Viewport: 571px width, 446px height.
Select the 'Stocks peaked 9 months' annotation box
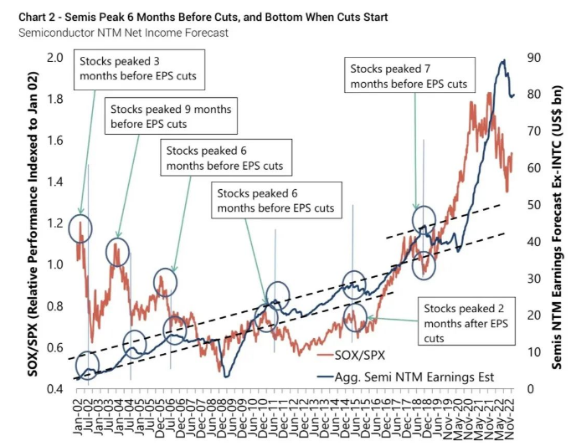[x=170, y=118]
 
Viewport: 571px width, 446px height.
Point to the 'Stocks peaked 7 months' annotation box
[x=408, y=77]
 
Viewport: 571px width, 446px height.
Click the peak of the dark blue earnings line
[x=503, y=61]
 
